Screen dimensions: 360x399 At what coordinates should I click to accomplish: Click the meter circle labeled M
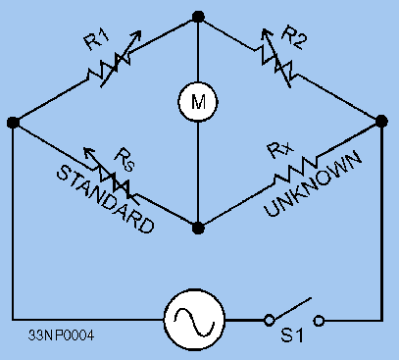[x=198, y=100]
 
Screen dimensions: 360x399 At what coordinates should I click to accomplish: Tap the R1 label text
[x=95, y=42]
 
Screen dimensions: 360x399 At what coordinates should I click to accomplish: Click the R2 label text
[x=294, y=39]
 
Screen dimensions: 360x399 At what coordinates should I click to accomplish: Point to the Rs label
[x=125, y=156]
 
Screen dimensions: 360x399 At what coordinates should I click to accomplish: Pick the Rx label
[x=276, y=152]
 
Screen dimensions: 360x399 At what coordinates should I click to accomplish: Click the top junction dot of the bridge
[x=198, y=16]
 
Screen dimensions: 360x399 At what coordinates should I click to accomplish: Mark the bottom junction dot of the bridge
[x=198, y=228]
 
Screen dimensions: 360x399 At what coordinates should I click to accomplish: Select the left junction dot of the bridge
[x=13, y=123]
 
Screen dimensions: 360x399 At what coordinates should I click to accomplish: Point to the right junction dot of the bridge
[x=381, y=122]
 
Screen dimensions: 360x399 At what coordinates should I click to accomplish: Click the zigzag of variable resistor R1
[x=105, y=69]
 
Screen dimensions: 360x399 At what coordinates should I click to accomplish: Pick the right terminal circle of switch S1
[x=319, y=320]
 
